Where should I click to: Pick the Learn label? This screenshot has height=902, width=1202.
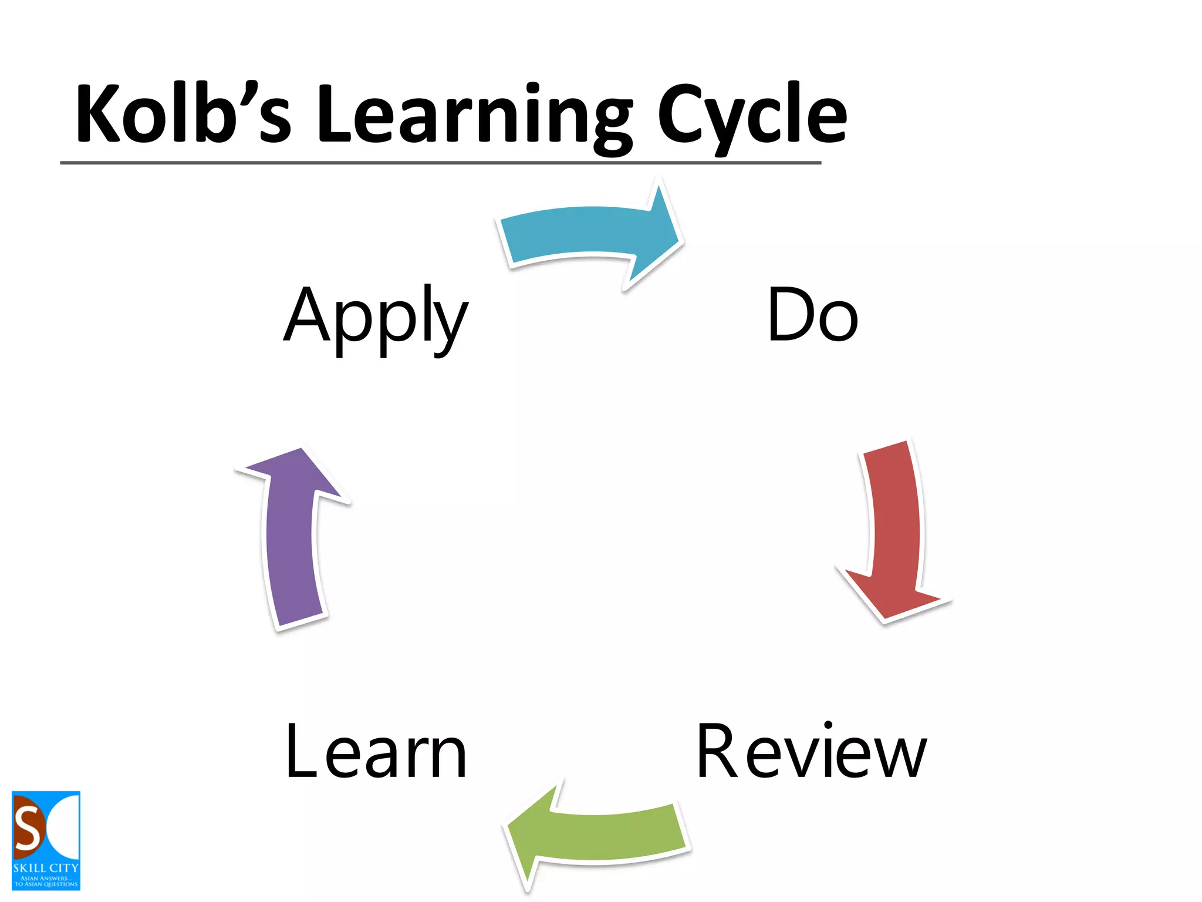click(376, 752)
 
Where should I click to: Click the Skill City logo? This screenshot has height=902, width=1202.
click(46, 840)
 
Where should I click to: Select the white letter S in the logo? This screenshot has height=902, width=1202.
click(28, 828)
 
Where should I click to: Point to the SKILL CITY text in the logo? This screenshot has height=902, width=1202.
click(46, 867)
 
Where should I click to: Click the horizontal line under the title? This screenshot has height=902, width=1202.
click(440, 163)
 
